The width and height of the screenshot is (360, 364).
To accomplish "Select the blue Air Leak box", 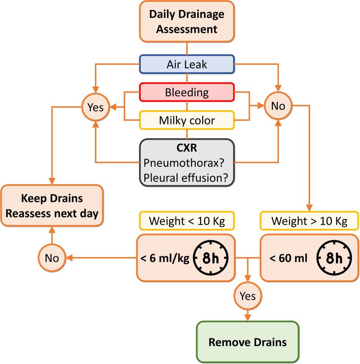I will [186, 64].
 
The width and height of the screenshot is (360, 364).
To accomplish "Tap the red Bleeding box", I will [186, 92].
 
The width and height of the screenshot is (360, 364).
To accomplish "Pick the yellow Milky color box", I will [186, 120].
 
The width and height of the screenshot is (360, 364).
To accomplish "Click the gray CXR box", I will [186, 161].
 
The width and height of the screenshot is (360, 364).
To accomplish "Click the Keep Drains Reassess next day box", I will [53, 205].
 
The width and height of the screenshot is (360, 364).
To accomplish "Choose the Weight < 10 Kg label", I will [186, 222].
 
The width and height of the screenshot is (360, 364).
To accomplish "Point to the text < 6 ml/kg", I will [164, 258].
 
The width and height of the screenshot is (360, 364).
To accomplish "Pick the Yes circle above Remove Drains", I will [248, 296].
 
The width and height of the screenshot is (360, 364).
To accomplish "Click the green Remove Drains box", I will [248, 342].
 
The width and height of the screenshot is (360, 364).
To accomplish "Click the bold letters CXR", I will [186, 148].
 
